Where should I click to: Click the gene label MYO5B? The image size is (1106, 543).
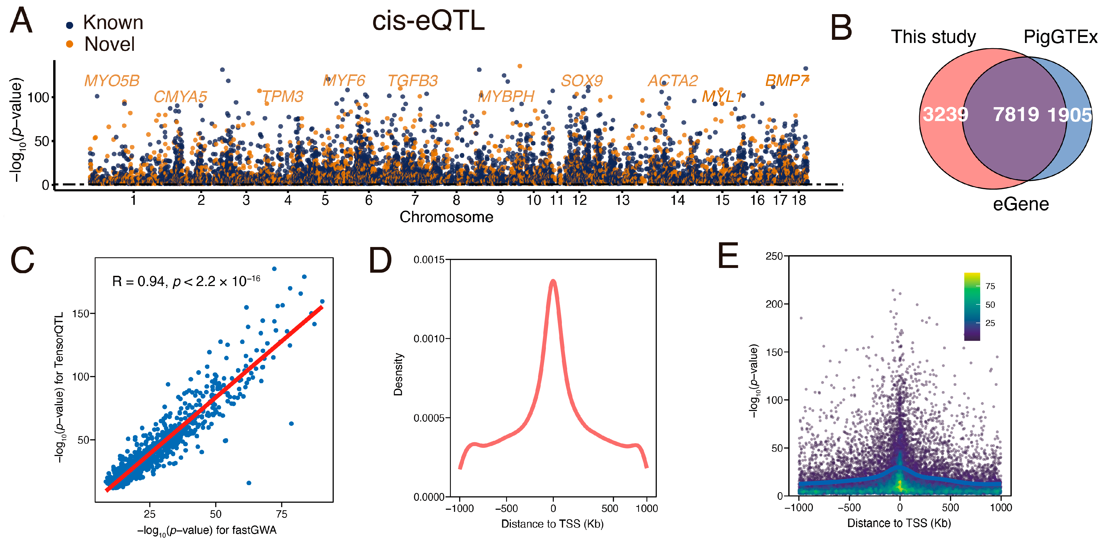[x=112, y=81]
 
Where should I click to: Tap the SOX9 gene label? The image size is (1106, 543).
[x=582, y=81]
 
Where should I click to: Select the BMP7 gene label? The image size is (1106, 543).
[x=787, y=81]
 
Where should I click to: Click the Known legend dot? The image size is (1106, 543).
[x=70, y=25]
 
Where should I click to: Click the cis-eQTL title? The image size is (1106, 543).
[x=428, y=21]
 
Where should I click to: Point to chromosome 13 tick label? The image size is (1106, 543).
[x=622, y=200]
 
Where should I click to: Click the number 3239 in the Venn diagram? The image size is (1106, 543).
[x=945, y=115]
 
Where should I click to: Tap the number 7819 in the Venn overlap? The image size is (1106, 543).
[x=1016, y=115]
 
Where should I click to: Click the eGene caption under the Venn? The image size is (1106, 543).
[x=1021, y=204]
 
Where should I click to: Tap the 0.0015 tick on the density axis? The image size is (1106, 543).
[x=429, y=260]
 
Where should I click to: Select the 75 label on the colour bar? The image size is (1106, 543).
[x=990, y=286]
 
